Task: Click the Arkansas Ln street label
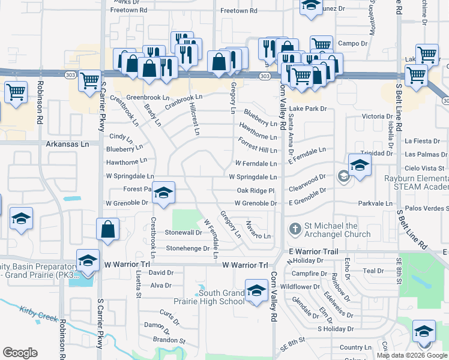click(67, 145)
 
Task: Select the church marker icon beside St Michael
click(295, 229)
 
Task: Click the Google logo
click(20, 353)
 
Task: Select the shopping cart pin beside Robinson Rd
click(16, 92)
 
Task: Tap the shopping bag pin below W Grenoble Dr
click(107, 230)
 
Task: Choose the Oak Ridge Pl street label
click(255, 191)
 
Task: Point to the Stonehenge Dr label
click(188, 248)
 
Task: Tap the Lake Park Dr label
click(307, 109)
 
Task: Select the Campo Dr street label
click(352, 43)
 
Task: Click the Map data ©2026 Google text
click(411, 355)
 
